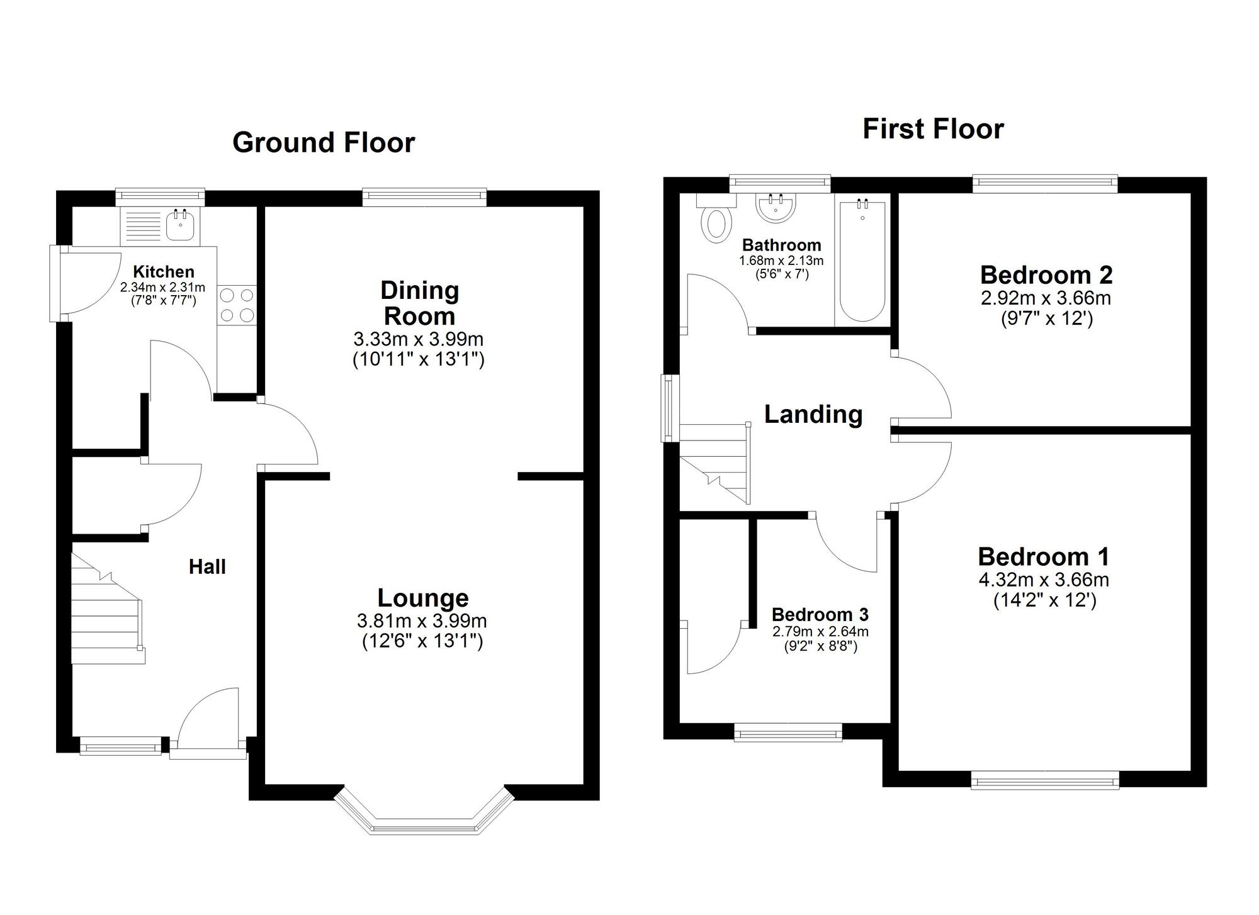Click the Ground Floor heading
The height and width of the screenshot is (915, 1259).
pos(324,142)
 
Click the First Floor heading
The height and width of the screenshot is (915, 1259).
pos(933,129)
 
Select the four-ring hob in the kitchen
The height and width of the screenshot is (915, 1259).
pos(237,305)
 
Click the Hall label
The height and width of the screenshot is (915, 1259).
pos(207,567)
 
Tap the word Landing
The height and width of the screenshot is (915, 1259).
pos(813,414)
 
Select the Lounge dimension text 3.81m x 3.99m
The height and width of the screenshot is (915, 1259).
pos(422,621)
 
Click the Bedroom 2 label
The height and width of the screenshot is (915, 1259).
pos(1046,275)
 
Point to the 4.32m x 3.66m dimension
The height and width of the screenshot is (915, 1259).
pos(1044,580)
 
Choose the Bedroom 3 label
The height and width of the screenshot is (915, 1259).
pos(820,614)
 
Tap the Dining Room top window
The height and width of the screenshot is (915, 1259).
pos(425,198)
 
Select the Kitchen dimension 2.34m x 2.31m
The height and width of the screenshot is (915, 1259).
pos(163,288)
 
